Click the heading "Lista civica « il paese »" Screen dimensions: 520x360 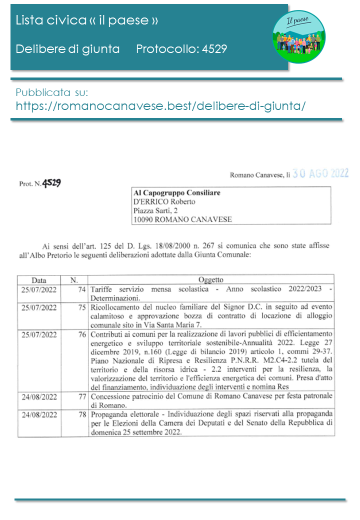pyautogui.click(x=87, y=20)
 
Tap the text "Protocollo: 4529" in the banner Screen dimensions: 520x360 pyautogui.click(x=181, y=48)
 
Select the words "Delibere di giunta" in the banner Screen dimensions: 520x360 pyautogui.click(x=67, y=48)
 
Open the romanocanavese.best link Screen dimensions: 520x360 pyautogui.click(x=160, y=106)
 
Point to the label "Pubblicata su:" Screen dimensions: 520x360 pyautogui.click(x=52, y=92)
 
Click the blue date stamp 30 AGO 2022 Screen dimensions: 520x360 pyautogui.click(x=320, y=173)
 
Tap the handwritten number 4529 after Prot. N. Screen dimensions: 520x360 pyautogui.click(x=51, y=183)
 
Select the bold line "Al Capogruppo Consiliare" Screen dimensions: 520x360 pyautogui.click(x=177, y=192)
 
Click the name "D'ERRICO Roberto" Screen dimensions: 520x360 pyautogui.click(x=164, y=201)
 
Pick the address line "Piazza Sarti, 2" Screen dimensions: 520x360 pyautogui.click(x=158, y=210)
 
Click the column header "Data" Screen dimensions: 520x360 pyautogui.click(x=39, y=280)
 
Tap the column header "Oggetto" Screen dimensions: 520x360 pyautogui.click(x=211, y=280)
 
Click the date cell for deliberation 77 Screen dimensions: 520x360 pyautogui.click(x=39, y=397)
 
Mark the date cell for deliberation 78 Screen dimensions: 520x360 pyautogui.click(x=39, y=415)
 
